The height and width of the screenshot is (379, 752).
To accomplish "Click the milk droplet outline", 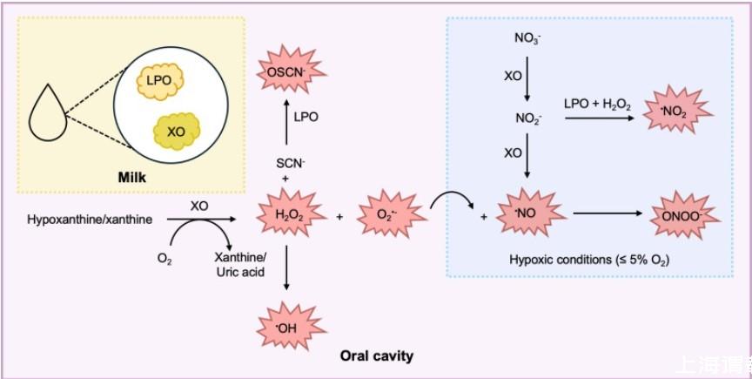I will (44, 111).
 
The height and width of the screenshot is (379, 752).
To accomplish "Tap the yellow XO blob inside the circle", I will (176, 132).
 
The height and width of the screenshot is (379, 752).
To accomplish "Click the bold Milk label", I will (131, 178).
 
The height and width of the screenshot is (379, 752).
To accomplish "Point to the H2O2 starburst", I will (286, 214).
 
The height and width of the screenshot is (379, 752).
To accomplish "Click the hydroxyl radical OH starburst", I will (286, 328).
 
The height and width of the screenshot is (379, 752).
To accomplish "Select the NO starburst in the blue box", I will (521, 213).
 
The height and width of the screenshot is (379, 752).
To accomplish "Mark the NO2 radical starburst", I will (676, 112).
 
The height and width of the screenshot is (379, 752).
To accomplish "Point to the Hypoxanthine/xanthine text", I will (89, 220).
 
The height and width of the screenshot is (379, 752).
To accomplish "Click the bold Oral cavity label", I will (376, 356).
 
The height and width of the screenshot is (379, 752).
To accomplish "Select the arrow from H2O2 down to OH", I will (286, 270).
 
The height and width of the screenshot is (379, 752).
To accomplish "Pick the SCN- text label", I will (286, 161).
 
